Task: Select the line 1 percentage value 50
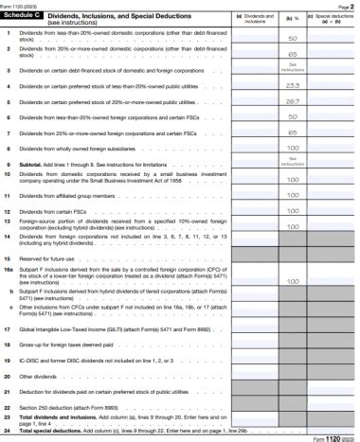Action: click(293, 38)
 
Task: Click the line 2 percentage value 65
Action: click(293, 55)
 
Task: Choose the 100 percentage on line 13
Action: click(293, 226)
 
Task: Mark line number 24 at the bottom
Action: click(8, 431)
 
